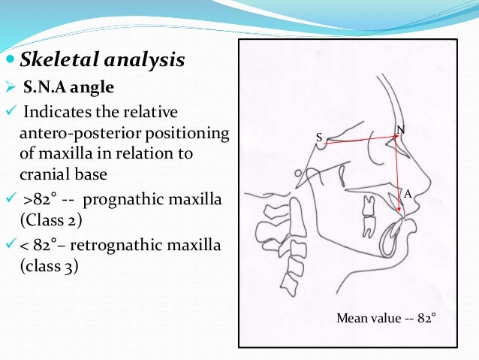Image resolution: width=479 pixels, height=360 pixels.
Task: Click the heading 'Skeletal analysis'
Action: click(102, 59)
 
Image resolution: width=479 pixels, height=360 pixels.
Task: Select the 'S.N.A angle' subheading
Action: click(68, 88)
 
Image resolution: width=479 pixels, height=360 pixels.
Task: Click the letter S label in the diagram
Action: click(318, 138)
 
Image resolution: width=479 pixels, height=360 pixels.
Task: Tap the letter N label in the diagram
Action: click(400, 129)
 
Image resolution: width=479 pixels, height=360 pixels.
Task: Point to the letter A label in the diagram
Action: click(408, 193)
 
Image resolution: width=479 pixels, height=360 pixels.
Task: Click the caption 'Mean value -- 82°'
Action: click(386, 318)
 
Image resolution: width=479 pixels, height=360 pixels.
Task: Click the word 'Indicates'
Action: click(56, 113)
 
